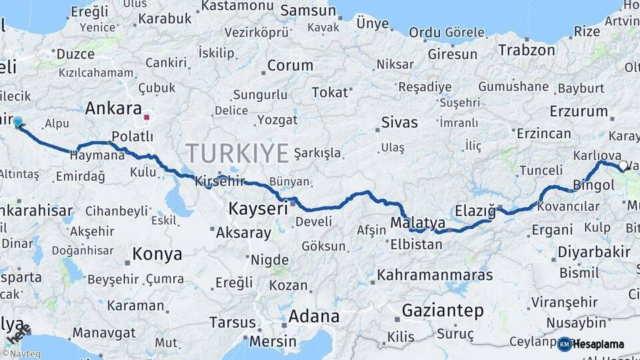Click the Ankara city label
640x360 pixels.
[113, 109]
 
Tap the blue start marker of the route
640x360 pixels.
[18, 123]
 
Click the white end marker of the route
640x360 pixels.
[623, 165]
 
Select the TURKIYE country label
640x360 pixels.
[237, 153]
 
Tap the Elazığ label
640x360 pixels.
[475, 211]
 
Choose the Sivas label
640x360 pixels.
[399, 123]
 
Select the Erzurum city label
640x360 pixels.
[579, 112]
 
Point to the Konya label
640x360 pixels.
[157, 254]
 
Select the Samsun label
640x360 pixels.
[307, 11]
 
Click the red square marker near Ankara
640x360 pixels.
[147, 117]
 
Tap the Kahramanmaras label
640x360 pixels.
[435, 275]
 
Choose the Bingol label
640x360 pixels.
[593, 185]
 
